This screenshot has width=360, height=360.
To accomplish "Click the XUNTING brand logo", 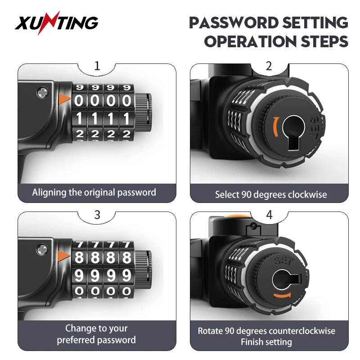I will point(56,22).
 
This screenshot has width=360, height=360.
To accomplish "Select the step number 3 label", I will point(97,215).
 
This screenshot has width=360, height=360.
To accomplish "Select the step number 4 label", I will point(269,215).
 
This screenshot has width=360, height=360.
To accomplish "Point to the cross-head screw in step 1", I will point(43,93).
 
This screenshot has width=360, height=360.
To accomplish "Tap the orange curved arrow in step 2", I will point(275,127).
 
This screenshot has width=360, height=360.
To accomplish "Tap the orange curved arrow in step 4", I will point(282,295).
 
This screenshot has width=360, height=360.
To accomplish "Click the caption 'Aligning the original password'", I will point(94,193).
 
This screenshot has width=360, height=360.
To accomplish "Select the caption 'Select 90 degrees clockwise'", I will point(271,195).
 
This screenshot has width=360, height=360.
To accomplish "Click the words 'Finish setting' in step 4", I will point(266,342).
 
